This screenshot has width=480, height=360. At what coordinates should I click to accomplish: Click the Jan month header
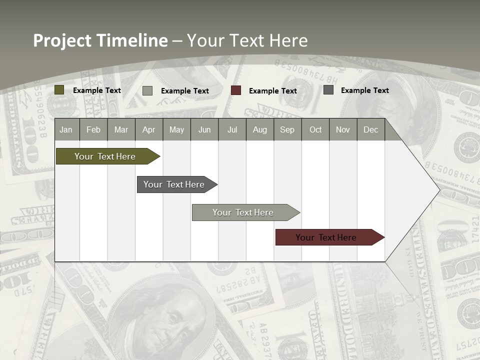tap(66, 130)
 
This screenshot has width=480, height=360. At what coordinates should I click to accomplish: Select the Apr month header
tap(148, 130)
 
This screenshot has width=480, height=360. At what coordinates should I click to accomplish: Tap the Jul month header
tap(232, 130)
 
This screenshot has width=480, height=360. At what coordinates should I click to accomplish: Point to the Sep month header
tap(287, 130)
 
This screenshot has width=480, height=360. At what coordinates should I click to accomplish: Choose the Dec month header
tap(370, 130)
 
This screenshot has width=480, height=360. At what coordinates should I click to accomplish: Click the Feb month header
tap(93, 130)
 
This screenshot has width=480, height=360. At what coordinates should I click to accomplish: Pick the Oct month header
tap(315, 130)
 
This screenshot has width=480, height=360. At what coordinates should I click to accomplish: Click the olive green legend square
tap(59, 90)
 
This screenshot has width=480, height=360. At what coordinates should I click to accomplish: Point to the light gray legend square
tap(147, 90)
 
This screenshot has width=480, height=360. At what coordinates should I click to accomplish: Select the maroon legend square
tap(236, 90)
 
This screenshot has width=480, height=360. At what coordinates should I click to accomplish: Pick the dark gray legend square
tap(328, 90)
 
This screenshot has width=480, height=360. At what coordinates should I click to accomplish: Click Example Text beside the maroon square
tap(273, 91)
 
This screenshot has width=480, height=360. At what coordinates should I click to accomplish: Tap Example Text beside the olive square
tap(97, 90)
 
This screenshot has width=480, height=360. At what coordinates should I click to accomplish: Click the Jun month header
tap(204, 130)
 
